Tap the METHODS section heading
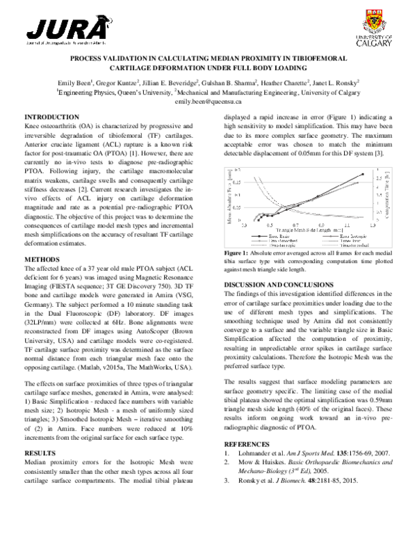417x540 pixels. point(42,259)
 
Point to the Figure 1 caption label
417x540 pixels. point(236,253)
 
